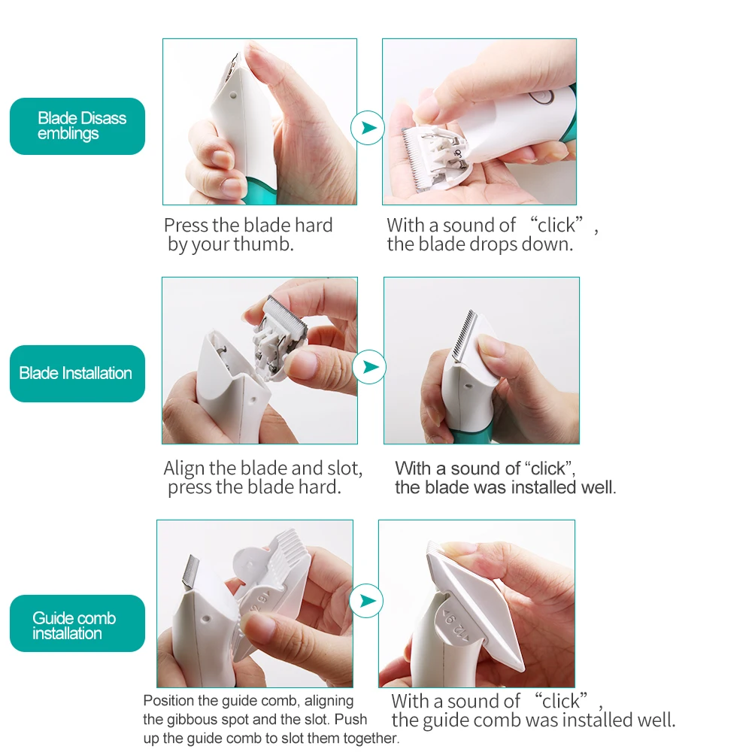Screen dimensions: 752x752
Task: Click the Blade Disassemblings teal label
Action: (x=77, y=126)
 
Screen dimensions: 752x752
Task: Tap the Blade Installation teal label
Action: (x=77, y=374)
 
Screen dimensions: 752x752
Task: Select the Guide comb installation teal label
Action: (x=77, y=623)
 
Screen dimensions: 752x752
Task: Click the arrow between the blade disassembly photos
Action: (x=368, y=128)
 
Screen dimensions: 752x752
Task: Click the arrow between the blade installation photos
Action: (x=369, y=367)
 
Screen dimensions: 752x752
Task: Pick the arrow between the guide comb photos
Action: (x=366, y=600)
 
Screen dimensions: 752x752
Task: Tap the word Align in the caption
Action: (x=184, y=468)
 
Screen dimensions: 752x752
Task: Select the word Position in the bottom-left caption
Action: (x=168, y=701)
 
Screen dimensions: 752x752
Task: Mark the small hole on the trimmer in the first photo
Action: (x=233, y=96)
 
